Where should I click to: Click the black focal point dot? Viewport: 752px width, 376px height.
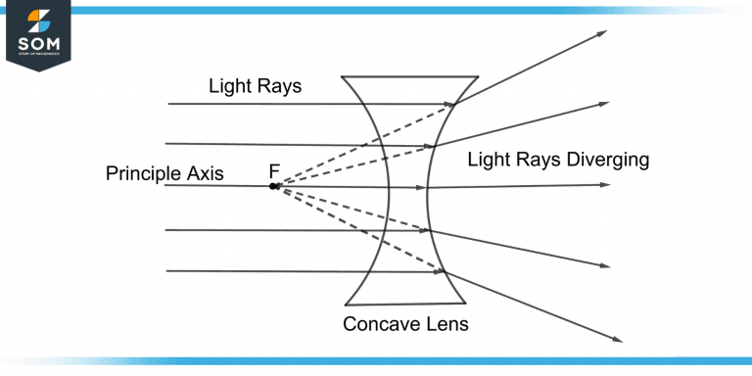[x=274, y=185]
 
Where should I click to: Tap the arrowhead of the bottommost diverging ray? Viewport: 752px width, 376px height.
[x=617, y=340]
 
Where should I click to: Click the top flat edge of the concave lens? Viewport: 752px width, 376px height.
[x=409, y=75]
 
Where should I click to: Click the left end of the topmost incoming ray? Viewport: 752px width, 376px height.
[x=169, y=103]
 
